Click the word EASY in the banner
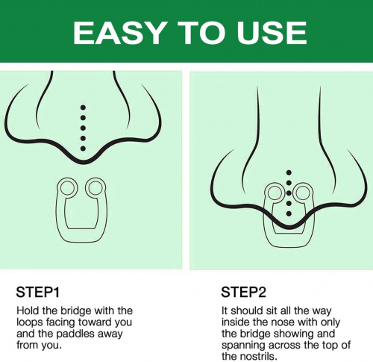point(119,33)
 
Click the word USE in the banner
point(272,33)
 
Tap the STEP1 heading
point(38,292)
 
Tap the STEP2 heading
point(244,292)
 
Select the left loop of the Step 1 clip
point(61,187)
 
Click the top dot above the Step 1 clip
point(83,107)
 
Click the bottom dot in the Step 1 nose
point(83,149)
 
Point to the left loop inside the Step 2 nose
point(268,193)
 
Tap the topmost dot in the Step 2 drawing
point(289,172)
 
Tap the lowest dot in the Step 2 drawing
point(289,213)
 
